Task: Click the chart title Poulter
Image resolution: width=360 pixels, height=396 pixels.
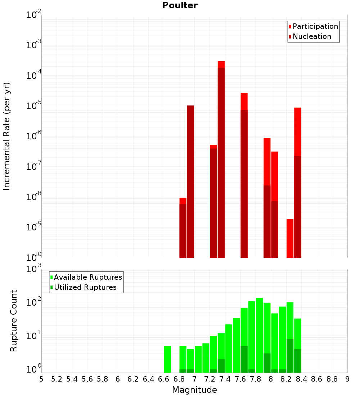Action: pyautogui.click(x=180, y=5)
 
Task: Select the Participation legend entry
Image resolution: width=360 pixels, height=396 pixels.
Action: pyautogui.click(x=315, y=26)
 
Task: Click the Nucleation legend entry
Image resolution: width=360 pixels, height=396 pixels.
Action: pyautogui.click(x=312, y=36)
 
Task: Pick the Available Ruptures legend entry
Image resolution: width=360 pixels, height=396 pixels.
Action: pyautogui.click(x=88, y=277)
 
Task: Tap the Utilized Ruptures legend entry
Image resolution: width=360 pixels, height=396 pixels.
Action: pyautogui.click(x=85, y=287)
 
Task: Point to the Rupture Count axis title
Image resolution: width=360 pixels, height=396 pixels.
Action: pyautogui.click(x=14, y=321)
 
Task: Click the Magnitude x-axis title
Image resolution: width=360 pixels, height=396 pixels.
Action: pyautogui.click(x=194, y=390)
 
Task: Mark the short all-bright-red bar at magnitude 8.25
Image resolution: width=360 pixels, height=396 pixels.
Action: pyautogui.click(x=290, y=238)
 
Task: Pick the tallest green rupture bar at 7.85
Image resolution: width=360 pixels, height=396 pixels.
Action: pyautogui.click(x=259, y=335)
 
